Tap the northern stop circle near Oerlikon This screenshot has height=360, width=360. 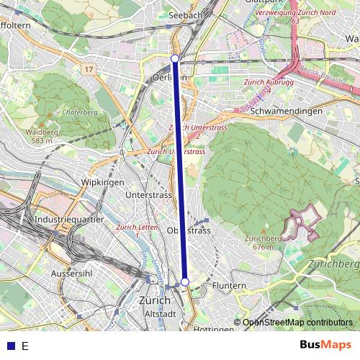(x=175, y=58)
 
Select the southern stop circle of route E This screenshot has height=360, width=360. (x=185, y=282)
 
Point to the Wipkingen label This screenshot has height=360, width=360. (x=103, y=183)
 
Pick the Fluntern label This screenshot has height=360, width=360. (x=229, y=286)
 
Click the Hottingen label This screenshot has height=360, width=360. (x=214, y=329)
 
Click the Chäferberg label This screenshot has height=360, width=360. (x=80, y=112)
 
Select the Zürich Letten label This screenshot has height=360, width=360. (x=136, y=230)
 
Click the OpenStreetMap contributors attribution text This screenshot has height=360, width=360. (x=297, y=323)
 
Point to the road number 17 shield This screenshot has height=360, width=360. (x=89, y=69)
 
